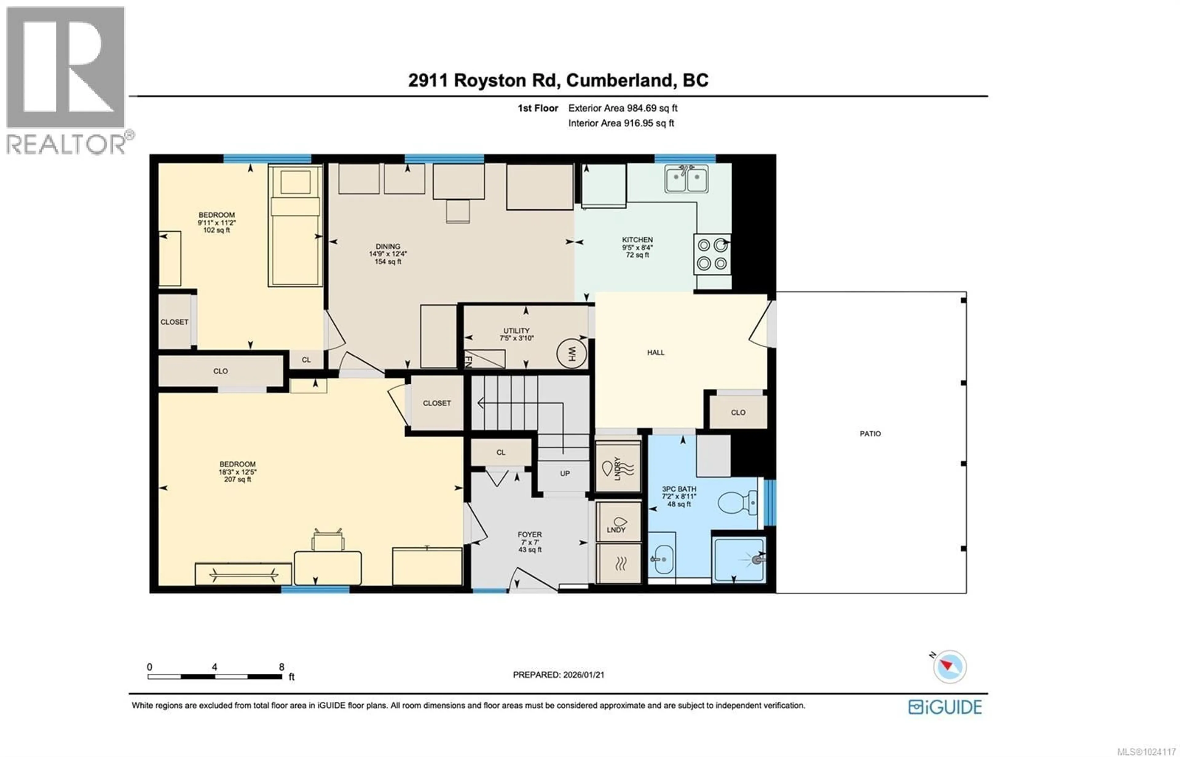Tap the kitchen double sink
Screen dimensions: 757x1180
tap(686, 179)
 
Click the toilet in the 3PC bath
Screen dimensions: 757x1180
tap(737, 503)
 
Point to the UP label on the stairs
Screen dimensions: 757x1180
tap(565, 474)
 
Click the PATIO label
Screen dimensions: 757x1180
tap(870, 434)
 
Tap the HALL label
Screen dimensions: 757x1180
tap(655, 352)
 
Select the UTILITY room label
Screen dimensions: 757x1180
tap(516, 331)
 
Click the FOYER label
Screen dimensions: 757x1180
tap(529, 534)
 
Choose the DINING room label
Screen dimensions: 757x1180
tap(387, 246)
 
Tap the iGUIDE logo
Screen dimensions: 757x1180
tap(944, 707)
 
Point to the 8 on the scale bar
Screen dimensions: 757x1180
tap(281, 667)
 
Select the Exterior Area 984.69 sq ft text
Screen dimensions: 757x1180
tap(623, 108)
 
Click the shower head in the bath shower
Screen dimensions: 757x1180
tap(757, 559)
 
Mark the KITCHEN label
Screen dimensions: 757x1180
tap(637, 240)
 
